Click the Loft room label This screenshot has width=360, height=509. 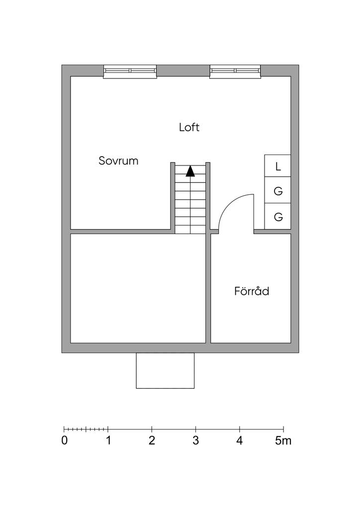click(x=189, y=127)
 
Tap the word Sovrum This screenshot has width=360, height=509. click(x=118, y=161)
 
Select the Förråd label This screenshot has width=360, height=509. click(x=252, y=291)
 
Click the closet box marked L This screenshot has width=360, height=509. click(x=277, y=166)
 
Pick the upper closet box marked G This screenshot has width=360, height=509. click(x=277, y=190)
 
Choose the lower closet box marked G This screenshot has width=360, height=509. click(x=277, y=217)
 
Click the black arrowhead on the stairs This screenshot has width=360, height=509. click(x=190, y=171)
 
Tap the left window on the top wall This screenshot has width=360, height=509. click(x=130, y=72)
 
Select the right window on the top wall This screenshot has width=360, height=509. click(x=235, y=72)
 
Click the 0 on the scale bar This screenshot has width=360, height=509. click(x=64, y=440)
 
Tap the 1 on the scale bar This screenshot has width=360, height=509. click(x=108, y=440)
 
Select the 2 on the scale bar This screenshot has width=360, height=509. click(x=152, y=440)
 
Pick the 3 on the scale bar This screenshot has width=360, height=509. click(x=195, y=440)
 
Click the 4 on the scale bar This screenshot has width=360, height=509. click(x=239, y=440)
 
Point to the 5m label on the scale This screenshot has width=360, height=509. click(x=283, y=440)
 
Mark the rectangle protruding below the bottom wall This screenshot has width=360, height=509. click(x=165, y=370)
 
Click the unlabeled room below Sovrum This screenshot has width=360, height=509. click(x=138, y=288)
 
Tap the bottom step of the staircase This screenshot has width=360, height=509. click(x=190, y=230)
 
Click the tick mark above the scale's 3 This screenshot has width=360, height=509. click(x=196, y=429)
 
